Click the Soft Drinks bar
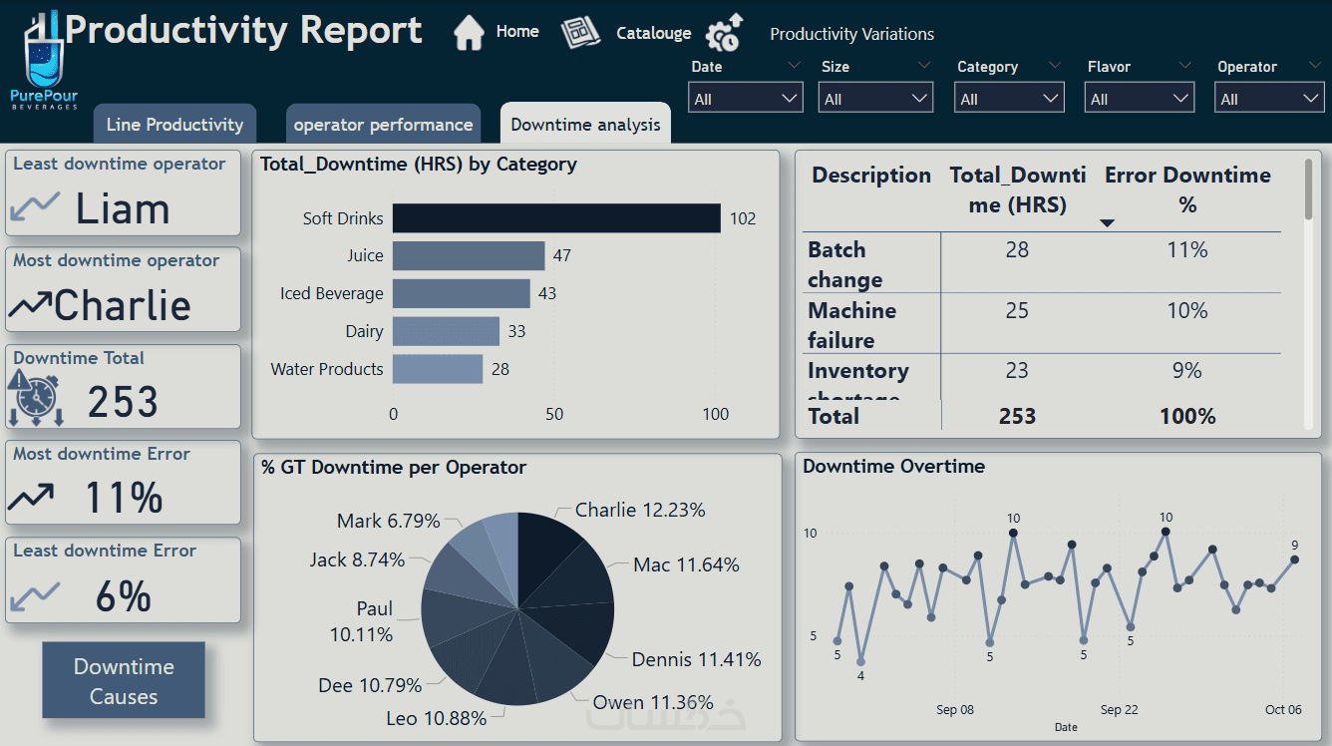[x=555, y=218]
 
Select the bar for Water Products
[x=438, y=369]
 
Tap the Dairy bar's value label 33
[x=516, y=331]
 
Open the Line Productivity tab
[x=174, y=125]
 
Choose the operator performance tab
[x=383, y=125]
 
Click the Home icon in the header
[x=469, y=33]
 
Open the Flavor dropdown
[x=1140, y=99]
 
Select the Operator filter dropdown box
[x=1269, y=99]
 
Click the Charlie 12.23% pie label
[x=640, y=511]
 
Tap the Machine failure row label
[x=851, y=325]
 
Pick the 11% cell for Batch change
[x=1186, y=250]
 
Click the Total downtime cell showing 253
[x=1017, y=416]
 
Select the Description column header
[x=870, y=176]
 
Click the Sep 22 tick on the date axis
[x=1119, y=710]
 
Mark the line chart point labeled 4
[x=860, y=661]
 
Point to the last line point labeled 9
[x=1294, y=559]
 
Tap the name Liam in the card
[x=123, y=209]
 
